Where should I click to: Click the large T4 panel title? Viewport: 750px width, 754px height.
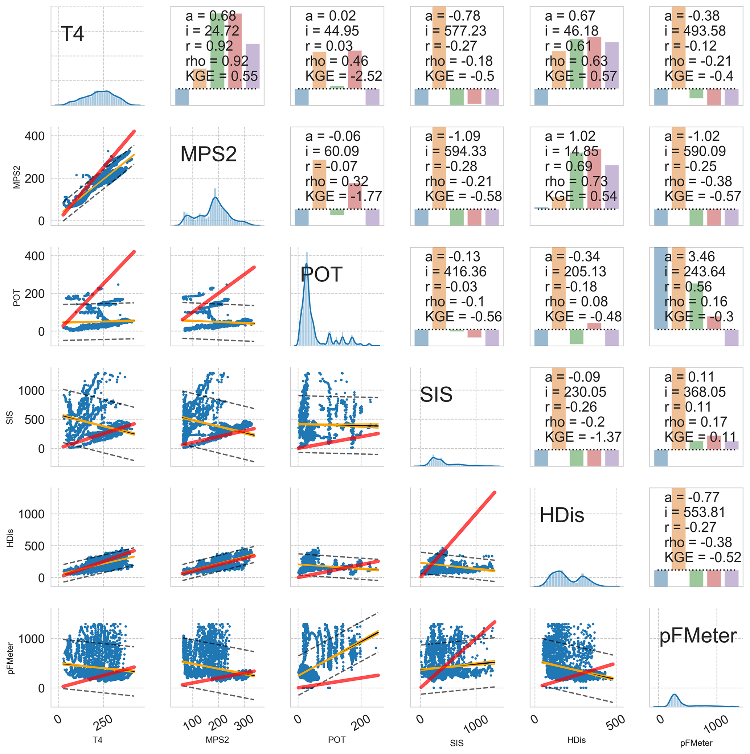[72, 34]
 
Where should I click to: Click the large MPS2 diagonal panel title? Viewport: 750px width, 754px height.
[208, 154]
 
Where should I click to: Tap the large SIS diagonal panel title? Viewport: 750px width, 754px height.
[436, 395]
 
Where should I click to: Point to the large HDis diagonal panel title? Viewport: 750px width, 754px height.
[561, 515]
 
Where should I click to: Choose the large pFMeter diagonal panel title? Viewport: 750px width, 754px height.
[698, 636]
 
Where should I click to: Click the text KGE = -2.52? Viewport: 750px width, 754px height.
[344, 76]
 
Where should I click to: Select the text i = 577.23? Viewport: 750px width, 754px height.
[456, 31]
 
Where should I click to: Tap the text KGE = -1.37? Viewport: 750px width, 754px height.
[583, 437]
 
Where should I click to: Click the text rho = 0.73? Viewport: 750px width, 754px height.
[576, 181]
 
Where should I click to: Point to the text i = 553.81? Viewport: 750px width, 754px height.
[694, 512]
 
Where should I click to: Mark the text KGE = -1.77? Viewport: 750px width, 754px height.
[344, 196]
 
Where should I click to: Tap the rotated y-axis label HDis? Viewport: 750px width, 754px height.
[11, 538]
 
